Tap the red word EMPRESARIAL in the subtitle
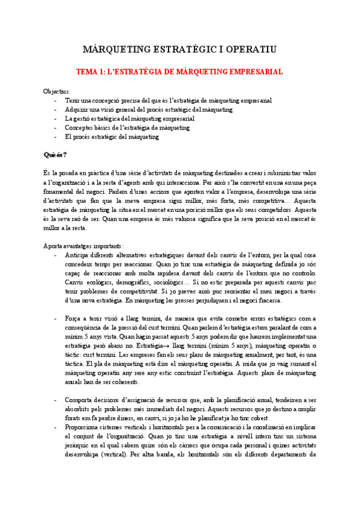click(251, 71)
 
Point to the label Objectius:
click(56, 91)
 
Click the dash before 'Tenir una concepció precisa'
click(55, 101)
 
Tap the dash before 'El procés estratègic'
click(55, 137)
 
